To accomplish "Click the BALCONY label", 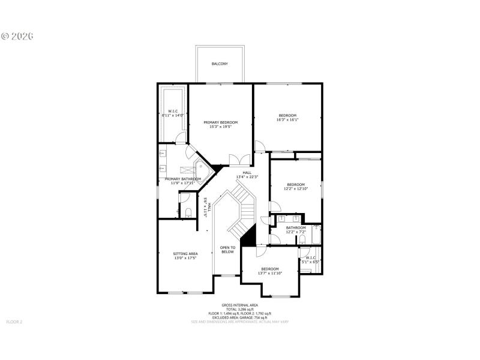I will click(220, 64).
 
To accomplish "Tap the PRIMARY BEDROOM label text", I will click(220, 122).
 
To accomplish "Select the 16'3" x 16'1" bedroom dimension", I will click(287, 120).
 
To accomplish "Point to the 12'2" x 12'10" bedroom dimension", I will click(296, 189).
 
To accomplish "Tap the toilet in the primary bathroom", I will click(187, 211).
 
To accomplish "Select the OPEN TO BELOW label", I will click(227, 249).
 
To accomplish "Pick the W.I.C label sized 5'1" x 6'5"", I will click(311, 260).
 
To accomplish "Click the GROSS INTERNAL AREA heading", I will click(239, 304).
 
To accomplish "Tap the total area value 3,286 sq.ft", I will click(240, 309).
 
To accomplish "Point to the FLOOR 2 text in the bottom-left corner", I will click(14, 322).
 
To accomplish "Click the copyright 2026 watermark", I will click(17, 35).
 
